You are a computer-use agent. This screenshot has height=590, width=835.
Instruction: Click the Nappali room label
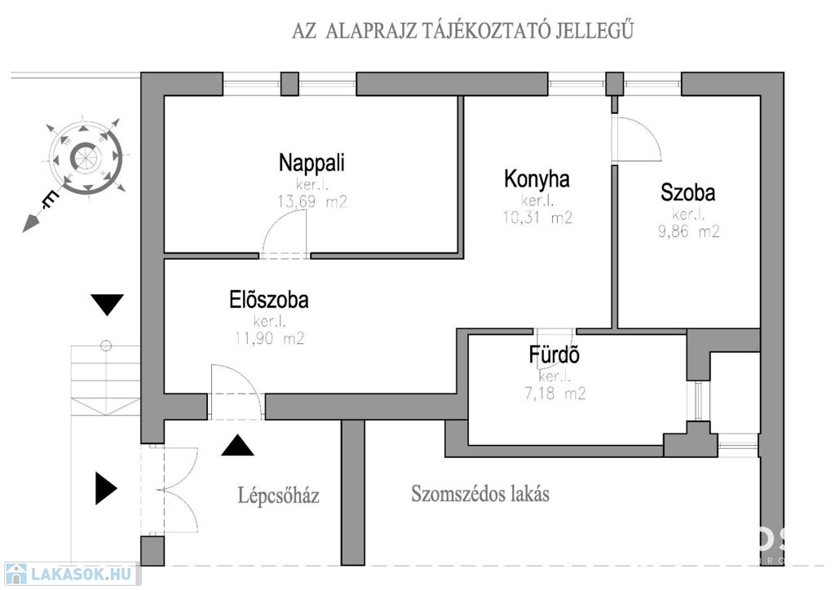pyautogui.click(x=311, y=162)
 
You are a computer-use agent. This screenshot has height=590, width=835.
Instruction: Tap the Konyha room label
pyautogui.click(x=537, y=178)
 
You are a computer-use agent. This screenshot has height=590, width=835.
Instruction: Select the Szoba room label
pyautogui.click(x=688, y=193)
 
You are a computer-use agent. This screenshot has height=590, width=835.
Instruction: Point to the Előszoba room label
pyautogui.click(x=269, y=301)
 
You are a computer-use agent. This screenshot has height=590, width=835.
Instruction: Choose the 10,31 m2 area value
pyautogui.click(x=537, y=218)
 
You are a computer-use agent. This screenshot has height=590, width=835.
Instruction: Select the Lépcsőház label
pyautogui.click(x=278, y=495)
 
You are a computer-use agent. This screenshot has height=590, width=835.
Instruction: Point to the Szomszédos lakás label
pyautogui.click(x=480, y=494)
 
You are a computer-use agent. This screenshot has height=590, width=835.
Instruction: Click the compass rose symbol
pyautogui.click(x=86, y=157)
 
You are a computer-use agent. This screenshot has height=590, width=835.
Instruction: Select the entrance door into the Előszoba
pyautogui.click(x=235, y=390)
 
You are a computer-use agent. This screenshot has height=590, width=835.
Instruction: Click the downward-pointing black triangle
pyautogui.click(x=107, y=305)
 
